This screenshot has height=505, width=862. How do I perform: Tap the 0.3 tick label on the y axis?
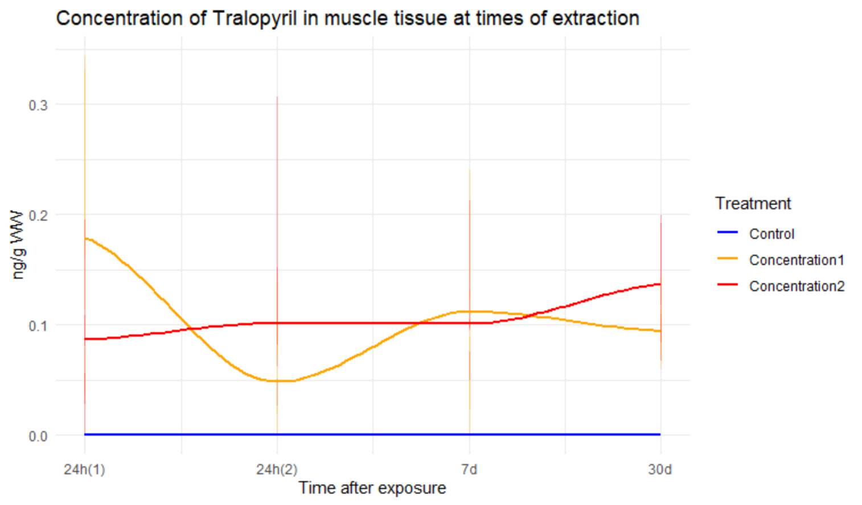(x=38, y=105)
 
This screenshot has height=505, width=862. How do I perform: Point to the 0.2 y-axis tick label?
(x=38, y=216)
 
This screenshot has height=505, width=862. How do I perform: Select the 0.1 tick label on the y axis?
(x=38, y=326)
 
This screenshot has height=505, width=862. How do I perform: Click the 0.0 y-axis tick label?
(x=38, y=436)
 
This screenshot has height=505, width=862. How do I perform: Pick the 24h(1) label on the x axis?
(x=84, y=470)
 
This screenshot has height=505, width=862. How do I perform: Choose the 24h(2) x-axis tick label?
(x=277, y=470)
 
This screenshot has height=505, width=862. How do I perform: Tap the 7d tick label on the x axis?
(x=469, y=470)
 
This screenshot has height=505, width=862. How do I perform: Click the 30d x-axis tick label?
(x=660, y=470)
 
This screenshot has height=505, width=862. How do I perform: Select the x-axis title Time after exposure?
(x=372, y=488)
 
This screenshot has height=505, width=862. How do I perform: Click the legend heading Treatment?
(x=753, y=204)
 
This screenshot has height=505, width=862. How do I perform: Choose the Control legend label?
(x=771, y=234)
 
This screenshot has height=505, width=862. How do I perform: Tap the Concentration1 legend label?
(x=796, y=260)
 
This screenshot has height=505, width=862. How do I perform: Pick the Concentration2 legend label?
(x=796, y=286)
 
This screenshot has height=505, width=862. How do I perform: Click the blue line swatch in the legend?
(x=728, y=233)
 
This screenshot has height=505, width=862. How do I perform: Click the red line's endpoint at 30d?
(x=660, y=284)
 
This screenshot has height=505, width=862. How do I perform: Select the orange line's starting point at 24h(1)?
(x=85, y=238)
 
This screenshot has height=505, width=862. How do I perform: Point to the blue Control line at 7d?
(x=470, y=434)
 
